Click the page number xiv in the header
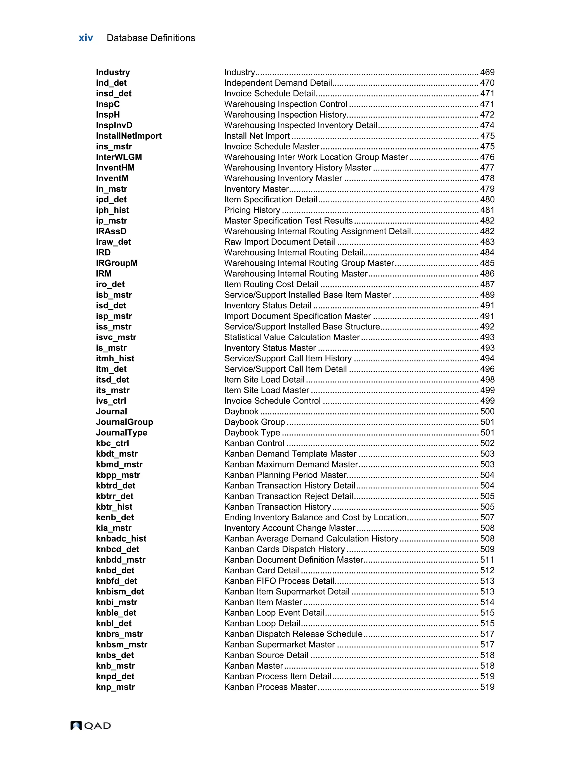click(x=86, y=38)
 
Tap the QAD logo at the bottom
click(x=91, y=725)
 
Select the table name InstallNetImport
click(x=129, y=136)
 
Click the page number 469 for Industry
click(x=487, y=72)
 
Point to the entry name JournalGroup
click(x=125, y=422)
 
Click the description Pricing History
click(x=252, y=210)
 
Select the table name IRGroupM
click(x=117, y=263)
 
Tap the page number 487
click(x=487, y=284)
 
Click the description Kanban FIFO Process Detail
click(x=279, y=581)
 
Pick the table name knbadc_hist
click(x=121, y=539)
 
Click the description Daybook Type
click(x=252, y=432)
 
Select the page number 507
click(x=487, y=518)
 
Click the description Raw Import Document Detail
click(x=279, y=242)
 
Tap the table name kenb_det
click(x=115, y=518)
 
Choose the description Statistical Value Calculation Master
click(x=292, y=337)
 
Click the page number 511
click(x=487, y=560)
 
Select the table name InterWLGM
click(x=119, y=157)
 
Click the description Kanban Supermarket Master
click(x=279, y=644)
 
